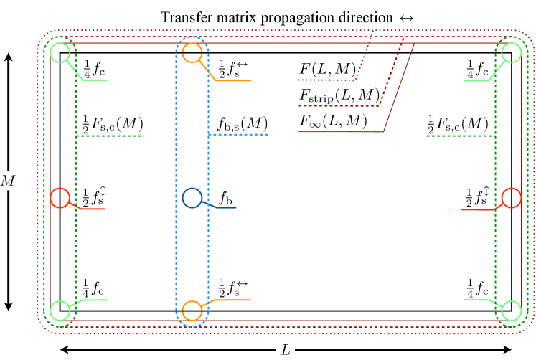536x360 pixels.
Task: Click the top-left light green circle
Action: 60,52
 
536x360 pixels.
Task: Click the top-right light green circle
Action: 511,52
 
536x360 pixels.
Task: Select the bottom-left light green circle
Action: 60,311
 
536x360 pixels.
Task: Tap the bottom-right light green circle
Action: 511,311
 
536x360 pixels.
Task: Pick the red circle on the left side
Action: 60,198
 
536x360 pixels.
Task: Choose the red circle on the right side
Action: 511,198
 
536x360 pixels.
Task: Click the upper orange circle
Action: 192,52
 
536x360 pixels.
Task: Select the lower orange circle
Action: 192,311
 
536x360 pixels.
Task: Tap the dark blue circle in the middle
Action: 192,198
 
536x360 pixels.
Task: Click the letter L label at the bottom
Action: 285,350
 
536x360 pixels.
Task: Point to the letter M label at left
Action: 8,181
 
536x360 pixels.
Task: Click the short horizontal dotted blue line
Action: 238,135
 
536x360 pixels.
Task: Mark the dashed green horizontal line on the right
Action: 460,136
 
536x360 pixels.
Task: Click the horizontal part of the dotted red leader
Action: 326,80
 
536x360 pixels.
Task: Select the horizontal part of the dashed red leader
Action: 338,105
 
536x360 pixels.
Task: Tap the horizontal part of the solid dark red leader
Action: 341,131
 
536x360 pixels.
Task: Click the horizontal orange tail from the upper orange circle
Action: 233,80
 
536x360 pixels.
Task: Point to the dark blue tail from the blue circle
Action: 226,207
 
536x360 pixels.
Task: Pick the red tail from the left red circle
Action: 93,209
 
